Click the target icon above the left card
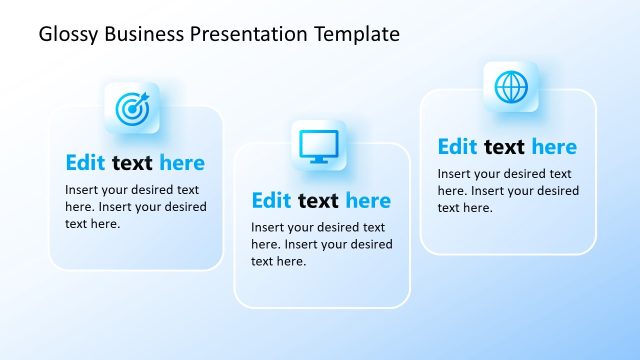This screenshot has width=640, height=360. [132, 108]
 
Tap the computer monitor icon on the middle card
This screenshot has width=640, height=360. [319, 146]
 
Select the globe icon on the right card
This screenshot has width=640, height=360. [511, 88]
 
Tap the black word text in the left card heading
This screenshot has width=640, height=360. [132, 163]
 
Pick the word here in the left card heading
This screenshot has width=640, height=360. [182, 163]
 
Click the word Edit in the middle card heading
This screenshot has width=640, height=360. [271, 201]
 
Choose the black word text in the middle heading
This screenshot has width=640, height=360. [318, 201]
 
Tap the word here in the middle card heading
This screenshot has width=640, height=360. [368, 201]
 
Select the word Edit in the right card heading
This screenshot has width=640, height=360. [457, 147]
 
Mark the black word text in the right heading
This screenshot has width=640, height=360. [504, 147]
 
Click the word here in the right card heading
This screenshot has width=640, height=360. [554, 147]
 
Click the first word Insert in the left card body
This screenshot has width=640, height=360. [82, 190]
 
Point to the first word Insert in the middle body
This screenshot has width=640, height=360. [268, 228]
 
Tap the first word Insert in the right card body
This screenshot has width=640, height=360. [454, 174]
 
